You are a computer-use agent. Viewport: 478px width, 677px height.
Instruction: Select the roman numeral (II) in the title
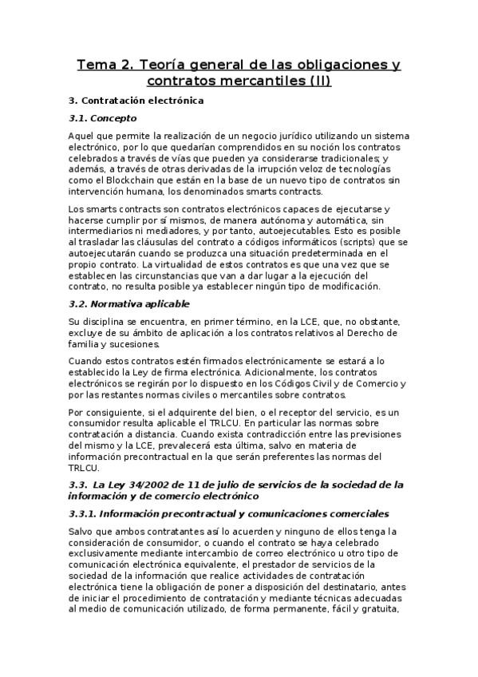317,81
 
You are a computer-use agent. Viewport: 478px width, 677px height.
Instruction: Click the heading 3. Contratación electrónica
136,101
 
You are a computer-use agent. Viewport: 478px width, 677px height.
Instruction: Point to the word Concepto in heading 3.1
114,118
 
